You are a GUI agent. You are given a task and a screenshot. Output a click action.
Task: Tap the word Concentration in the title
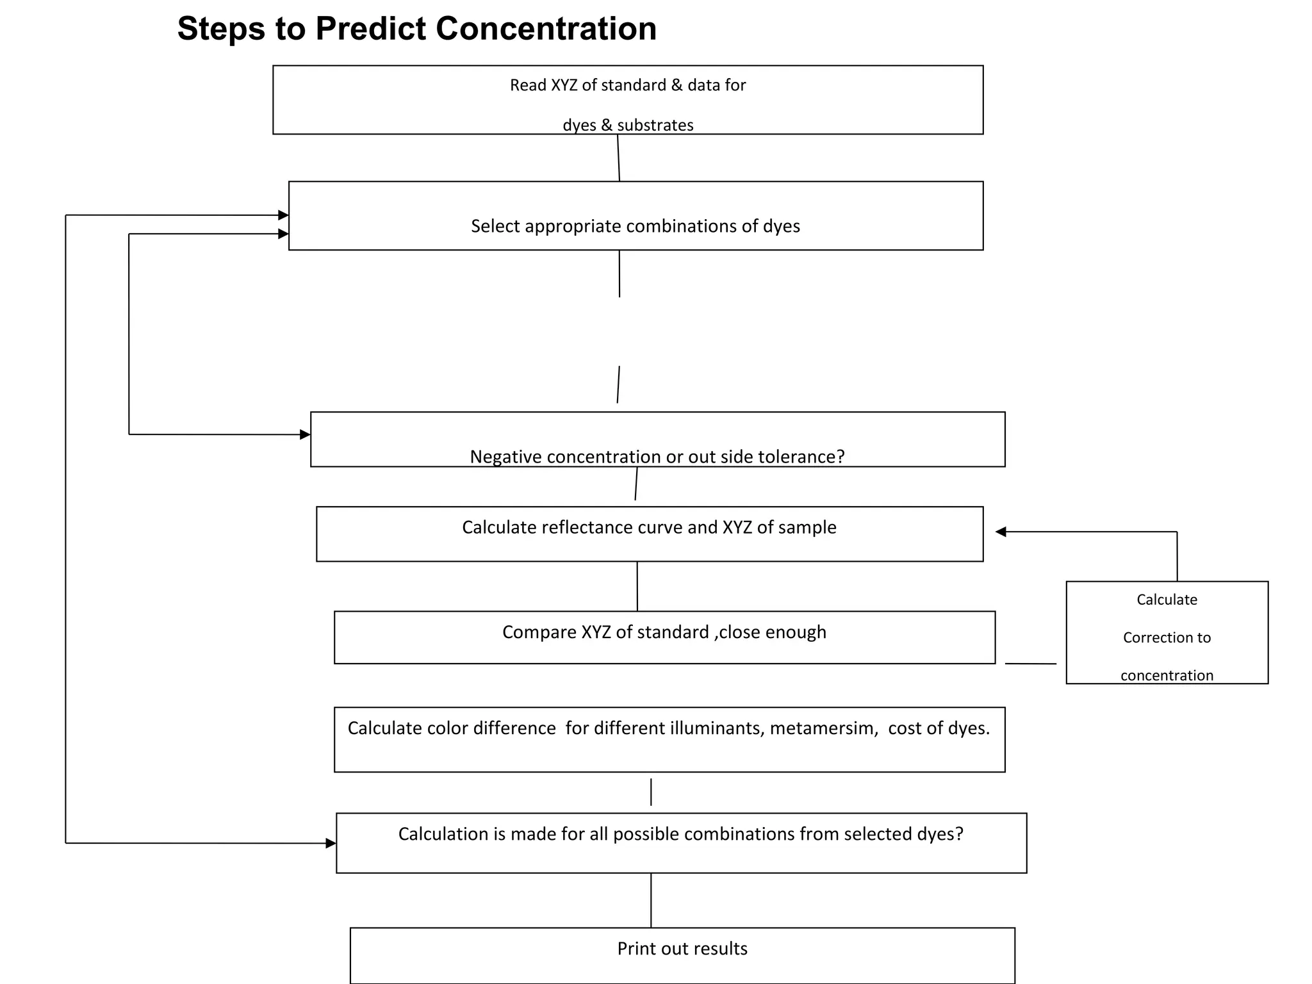[x=546, y=29]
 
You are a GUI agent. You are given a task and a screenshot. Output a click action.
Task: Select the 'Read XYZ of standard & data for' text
[x=628, y=85]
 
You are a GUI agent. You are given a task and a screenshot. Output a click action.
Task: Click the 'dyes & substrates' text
[x=628, y=125]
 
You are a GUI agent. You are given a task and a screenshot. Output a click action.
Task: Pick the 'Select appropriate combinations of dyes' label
[x=635, y=226]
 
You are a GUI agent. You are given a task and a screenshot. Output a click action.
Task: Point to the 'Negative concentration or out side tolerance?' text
[x=657, y=457]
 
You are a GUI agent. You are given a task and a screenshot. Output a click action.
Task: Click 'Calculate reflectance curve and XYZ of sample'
[x=649, y=527]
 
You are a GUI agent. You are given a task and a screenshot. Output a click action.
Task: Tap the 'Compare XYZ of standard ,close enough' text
[x=664, y=632]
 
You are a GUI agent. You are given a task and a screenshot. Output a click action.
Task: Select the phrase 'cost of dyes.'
[x=939, y=728]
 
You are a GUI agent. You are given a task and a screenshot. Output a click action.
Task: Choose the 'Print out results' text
[x=682, y=949]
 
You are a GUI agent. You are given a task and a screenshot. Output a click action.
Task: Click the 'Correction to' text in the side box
[x=1167, y=638]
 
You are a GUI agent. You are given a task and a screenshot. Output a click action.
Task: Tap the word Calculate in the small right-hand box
[x=1167, y=600]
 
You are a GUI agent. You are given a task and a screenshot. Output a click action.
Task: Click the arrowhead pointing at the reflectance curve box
[x=1001, y=532]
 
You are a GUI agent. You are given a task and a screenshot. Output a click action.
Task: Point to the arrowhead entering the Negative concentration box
[x=305, y=435]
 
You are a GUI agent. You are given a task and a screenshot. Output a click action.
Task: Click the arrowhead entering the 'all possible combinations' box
[x=331, y=843]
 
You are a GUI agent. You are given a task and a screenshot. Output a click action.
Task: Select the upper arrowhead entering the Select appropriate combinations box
[x=283, y=215]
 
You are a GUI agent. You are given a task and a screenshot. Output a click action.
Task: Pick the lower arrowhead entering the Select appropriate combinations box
[x=283, y=234]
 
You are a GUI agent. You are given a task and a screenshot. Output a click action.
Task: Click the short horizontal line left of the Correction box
[x=1030, y=664]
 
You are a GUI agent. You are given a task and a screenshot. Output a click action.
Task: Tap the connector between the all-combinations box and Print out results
[x=651, y=900]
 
